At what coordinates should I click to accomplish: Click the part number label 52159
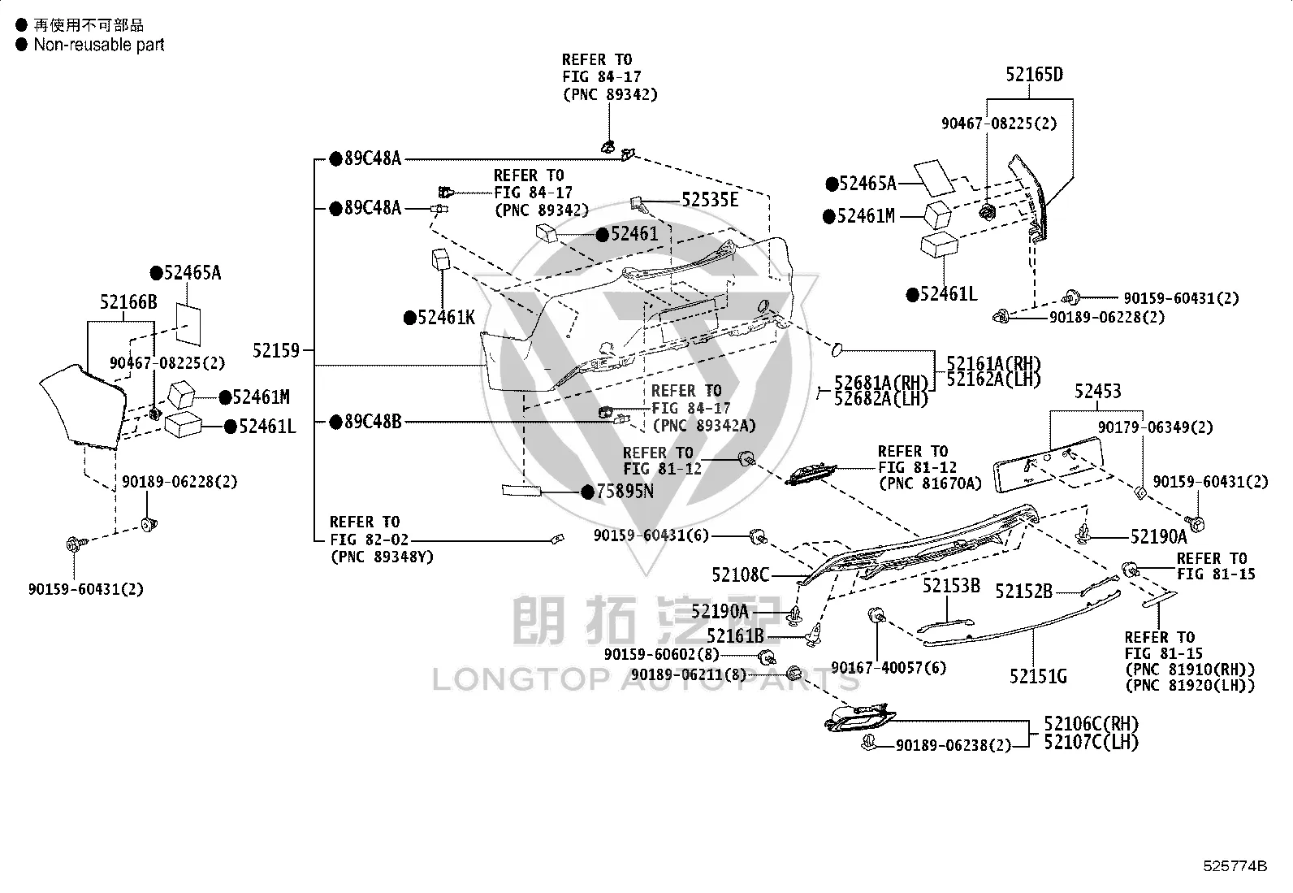click(276, 350)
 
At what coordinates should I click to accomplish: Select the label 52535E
click(709, 200)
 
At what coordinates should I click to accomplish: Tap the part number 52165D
click(1034, 75)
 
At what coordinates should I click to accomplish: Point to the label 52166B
click(128, 301)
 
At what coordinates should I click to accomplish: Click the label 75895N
click(625, 491)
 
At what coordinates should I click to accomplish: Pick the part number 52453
click(1097, 391)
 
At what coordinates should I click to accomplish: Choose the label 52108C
click(740, 574)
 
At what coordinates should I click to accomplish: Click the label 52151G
click(1038, 676)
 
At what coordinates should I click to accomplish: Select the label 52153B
click(951, 586)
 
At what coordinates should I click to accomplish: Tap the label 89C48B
click(372, 422)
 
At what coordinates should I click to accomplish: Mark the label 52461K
click(446, 317)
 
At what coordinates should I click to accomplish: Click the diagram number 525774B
click(1235, 866)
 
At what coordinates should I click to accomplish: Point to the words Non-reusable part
click(99, 45)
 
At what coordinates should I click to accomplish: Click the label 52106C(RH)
click(1091, 724)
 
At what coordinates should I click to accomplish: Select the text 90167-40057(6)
click(889, 668)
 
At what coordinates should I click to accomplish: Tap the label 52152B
click(1023, 592)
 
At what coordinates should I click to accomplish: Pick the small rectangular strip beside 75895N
click(521, 491)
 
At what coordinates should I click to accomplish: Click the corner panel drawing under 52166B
click(83, 405)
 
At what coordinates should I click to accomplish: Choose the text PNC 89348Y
click(382, 557)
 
